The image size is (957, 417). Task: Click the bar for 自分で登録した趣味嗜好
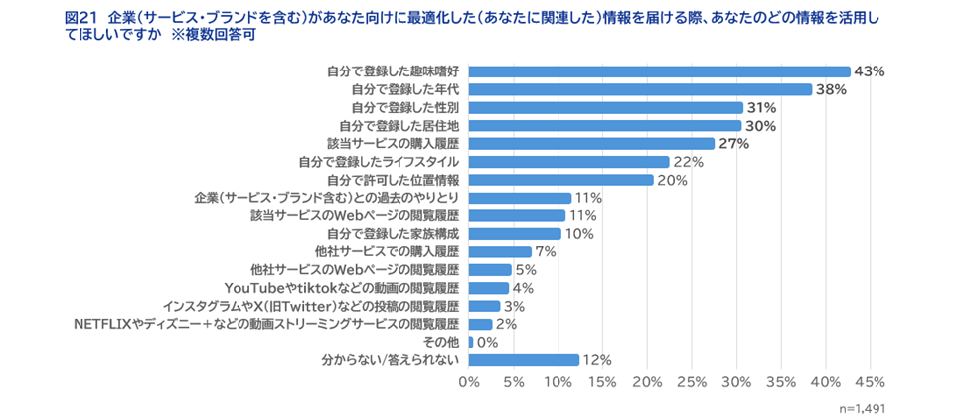[x=659, y=71]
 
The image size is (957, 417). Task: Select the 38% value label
[x=831, y=89]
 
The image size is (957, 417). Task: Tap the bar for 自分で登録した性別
[x=605, y=107]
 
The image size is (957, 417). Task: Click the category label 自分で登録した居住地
[x=399, y=125]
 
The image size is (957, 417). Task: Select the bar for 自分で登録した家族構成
[x=515, y=234]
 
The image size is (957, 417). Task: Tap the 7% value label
[x=545, y=252]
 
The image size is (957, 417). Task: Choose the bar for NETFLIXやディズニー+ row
[x=480, y=324]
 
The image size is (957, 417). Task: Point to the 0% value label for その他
[x=488, y=342]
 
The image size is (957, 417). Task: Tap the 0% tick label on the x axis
[x=468, y=382]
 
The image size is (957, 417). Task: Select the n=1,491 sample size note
[x=862, y=407]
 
